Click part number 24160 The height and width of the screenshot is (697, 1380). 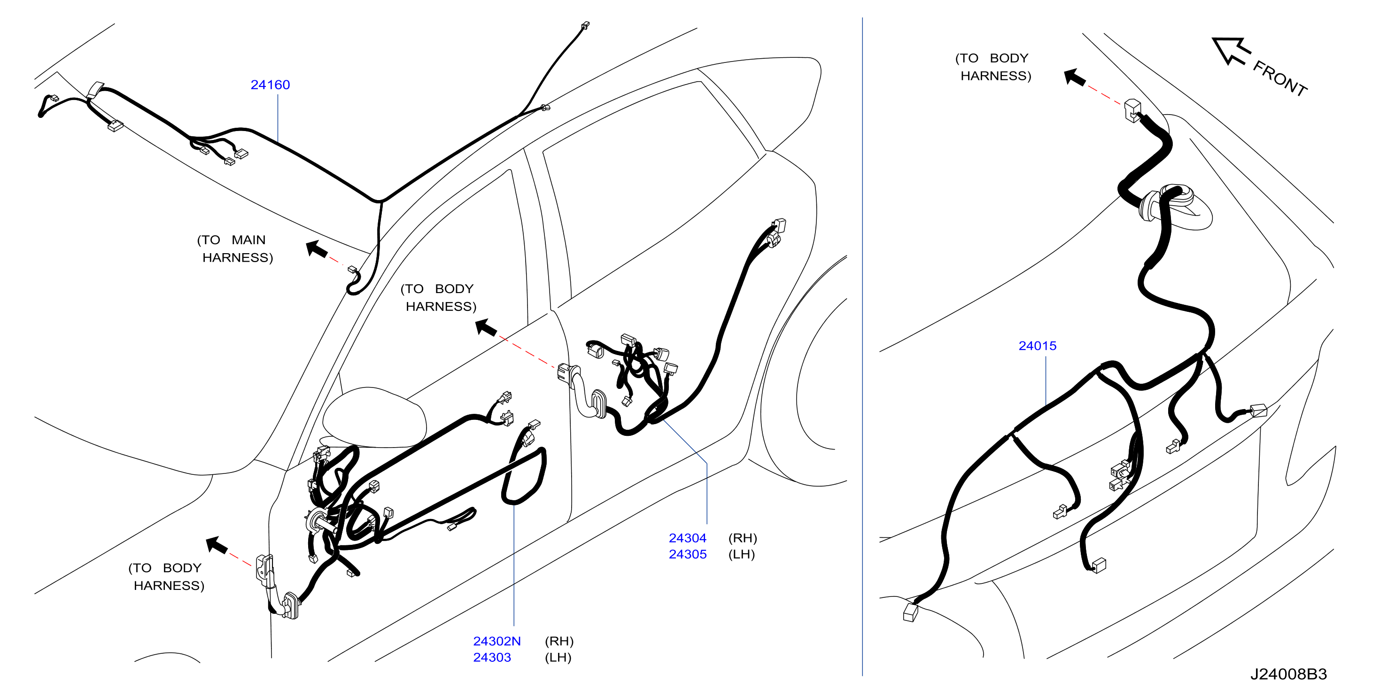click(x=270, y=85)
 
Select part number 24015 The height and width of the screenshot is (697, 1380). click(x=1037, y=346)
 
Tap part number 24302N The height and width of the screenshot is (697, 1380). click(x=496, y=641)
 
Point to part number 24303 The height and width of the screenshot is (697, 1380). click(x=492, y=658)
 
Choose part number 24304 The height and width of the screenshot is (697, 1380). click(x=687, y=538)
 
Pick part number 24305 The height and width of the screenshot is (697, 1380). click(x=687, y=555)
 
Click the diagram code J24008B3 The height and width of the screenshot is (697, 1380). click(x=1288, y=674)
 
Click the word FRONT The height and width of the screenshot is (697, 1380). click(x=1280, y=78)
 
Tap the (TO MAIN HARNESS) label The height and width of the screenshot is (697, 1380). click(x=235, y=248)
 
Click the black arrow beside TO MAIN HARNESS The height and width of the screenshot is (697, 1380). click(x=317, y=249)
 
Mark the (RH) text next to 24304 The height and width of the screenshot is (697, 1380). click(x=743, y=538)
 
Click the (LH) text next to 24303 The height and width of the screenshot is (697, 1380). click(x=558, y=658)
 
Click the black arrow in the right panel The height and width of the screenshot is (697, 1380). click(x=1075, y=77)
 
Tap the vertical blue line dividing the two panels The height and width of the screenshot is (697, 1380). click(x=862, y=347)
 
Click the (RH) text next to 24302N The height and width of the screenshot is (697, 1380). click(x=559, y=641)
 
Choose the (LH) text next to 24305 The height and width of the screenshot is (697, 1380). click(x=741, y=555)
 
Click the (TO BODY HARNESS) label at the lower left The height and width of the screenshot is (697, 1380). click(x=167, y=576)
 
